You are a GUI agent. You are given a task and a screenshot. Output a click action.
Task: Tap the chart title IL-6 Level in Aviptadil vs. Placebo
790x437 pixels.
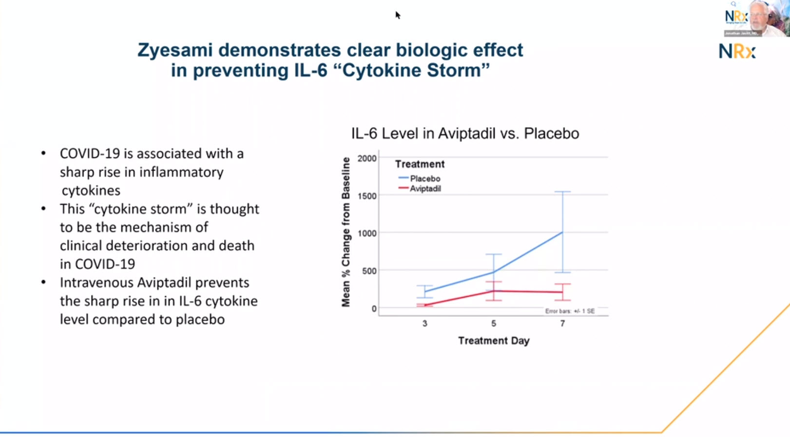pyautogui.click(x=465, y=133)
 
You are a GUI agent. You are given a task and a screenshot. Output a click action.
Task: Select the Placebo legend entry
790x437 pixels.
pyautogui.click(x=424, y=179)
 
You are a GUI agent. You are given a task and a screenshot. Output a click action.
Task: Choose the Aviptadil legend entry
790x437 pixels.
pyautogui.click(x=425, y=189)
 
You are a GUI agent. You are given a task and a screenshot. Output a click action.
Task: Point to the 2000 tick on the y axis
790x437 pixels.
pyautogui.click(x=366, y=158)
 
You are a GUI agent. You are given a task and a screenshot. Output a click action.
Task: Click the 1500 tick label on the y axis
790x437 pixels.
pyautogui.click(x=366, y=196)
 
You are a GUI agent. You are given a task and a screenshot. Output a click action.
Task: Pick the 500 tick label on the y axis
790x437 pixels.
pyautogui.click(x=369, y=271)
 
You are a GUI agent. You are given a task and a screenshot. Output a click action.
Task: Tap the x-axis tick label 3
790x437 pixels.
pyautogui.click(x=425, y=323)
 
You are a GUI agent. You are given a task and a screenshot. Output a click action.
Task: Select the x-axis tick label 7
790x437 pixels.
pyautogui.click(x=562, y=323)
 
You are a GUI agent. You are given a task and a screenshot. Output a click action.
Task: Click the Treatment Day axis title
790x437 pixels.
pyautogui.click(x=493, y=341)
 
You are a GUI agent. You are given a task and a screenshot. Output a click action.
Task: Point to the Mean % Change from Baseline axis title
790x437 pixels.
pyautogui.click(x=346, y=232)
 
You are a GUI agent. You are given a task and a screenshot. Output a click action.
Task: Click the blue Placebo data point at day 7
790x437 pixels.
pyautogui.click(x=562, y=232)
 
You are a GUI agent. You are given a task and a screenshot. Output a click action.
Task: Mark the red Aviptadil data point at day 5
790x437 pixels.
pyautogui.click(x=494, y=291)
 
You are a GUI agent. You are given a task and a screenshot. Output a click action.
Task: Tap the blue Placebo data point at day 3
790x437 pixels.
pyautogui.click(x=425, y=291)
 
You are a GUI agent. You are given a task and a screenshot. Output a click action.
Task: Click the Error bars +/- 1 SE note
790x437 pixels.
pyautogui.click(x=569, y=311)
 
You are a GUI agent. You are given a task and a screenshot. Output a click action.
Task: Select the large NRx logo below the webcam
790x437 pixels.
pyautogui.click(x=737, y=51)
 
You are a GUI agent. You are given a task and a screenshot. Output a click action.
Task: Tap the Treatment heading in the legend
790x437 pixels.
pyautogui.click(x=420, y=164)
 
